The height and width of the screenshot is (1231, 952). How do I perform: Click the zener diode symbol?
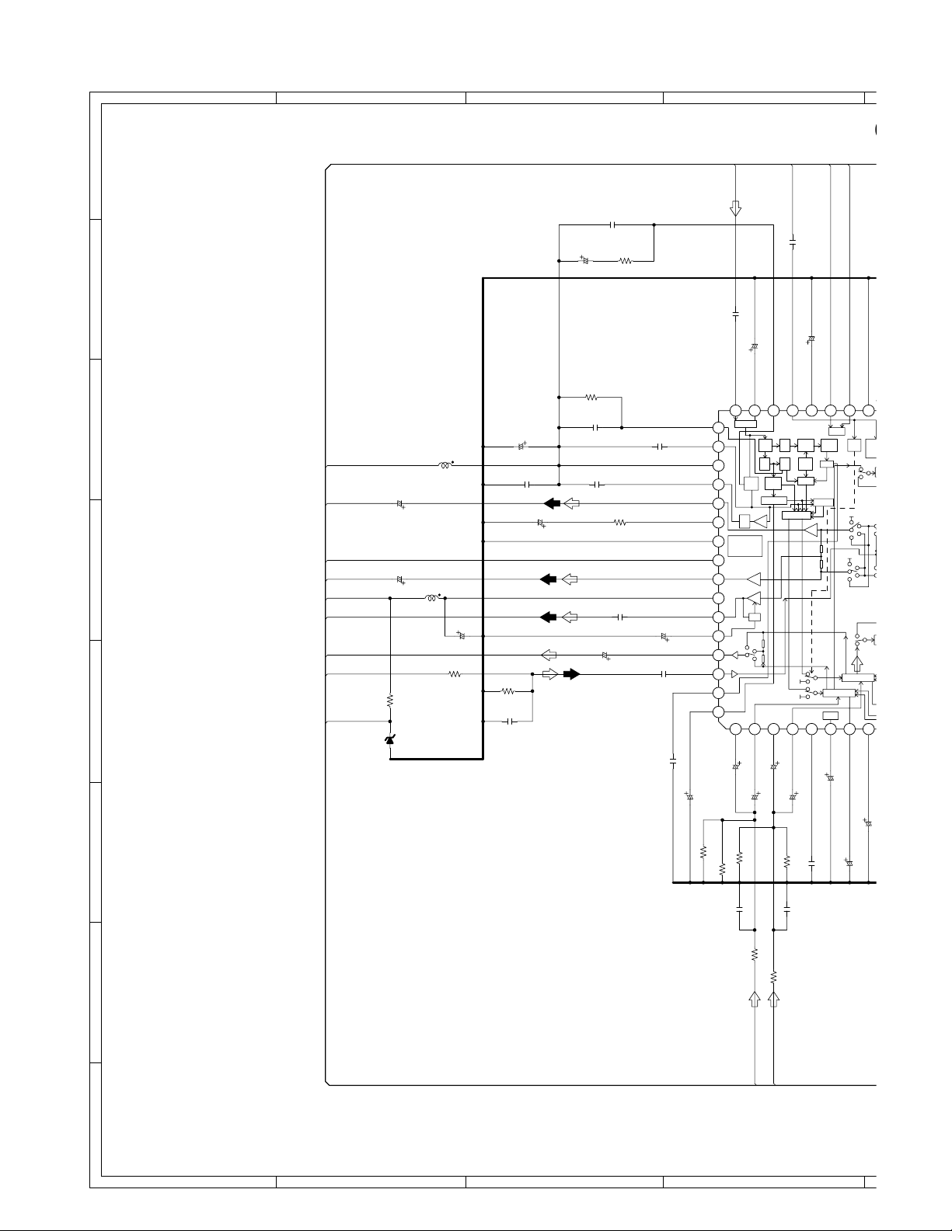coord(390,740)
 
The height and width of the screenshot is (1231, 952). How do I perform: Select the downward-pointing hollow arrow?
coord(735,209)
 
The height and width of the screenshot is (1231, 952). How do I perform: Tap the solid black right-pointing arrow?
coord(571,674)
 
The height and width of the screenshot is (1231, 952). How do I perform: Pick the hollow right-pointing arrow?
coord(549,674)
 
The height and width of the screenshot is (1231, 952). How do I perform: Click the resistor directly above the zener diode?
coord(390,700)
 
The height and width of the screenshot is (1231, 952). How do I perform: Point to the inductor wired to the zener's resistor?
coord(431,598)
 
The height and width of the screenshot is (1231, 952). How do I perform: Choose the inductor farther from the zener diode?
coord(445,466)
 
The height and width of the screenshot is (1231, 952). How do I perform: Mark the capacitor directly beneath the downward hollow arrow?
coord(735,315)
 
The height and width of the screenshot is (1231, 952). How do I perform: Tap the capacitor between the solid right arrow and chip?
coord(664,674)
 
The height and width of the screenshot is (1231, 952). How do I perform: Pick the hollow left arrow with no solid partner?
coord(549,655)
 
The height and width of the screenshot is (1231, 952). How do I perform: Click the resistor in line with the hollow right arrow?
coord(455,674)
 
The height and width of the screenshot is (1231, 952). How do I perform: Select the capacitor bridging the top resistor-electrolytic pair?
coord(613,225)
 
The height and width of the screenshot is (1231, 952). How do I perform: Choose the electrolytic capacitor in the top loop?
coord(586,260)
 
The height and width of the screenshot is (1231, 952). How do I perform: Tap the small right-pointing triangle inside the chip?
coord(734,674)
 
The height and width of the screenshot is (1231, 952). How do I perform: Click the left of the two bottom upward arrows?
coord(754,999)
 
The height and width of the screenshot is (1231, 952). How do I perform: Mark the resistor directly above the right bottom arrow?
coord(773,975)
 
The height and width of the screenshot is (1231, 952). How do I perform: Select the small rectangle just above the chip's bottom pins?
coord(830,715)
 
